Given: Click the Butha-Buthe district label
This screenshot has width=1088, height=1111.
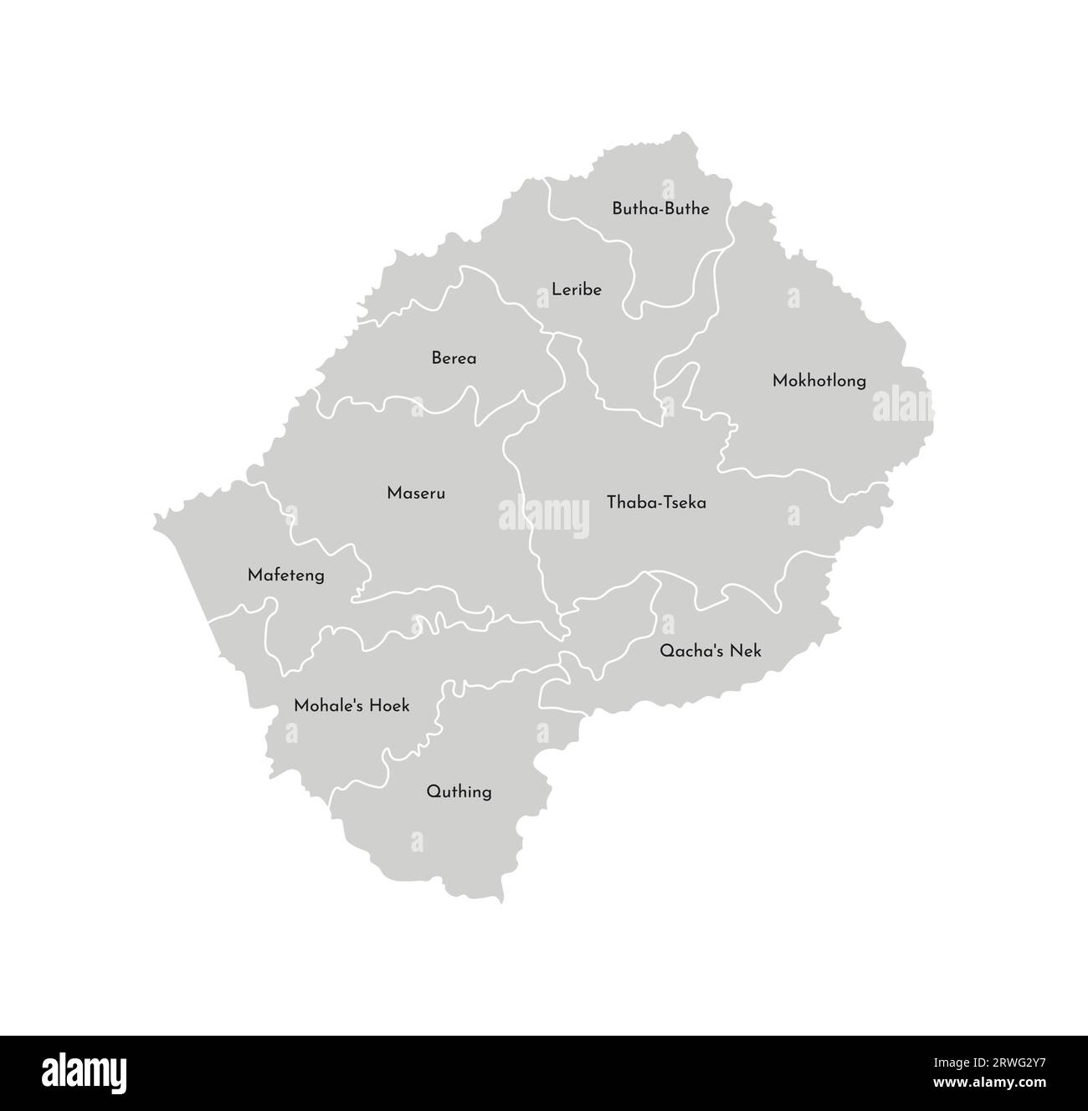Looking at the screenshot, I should coord(660,209).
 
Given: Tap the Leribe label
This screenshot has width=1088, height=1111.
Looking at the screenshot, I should coord(577,290).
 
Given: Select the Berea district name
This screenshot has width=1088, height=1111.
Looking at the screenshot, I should coord(454,359).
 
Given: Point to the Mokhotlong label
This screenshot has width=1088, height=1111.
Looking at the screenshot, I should coord(819,381).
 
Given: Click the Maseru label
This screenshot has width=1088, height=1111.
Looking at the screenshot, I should coord(416,494).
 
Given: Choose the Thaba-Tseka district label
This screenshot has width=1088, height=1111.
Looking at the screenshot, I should coord(656,503).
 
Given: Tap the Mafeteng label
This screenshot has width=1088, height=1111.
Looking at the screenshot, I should coord(285,576).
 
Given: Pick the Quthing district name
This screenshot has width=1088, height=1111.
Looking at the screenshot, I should coord(459,791).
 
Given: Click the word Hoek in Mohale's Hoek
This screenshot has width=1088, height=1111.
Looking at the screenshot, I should coord(389,706).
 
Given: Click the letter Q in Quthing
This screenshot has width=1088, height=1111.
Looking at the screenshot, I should coord(432,791).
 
